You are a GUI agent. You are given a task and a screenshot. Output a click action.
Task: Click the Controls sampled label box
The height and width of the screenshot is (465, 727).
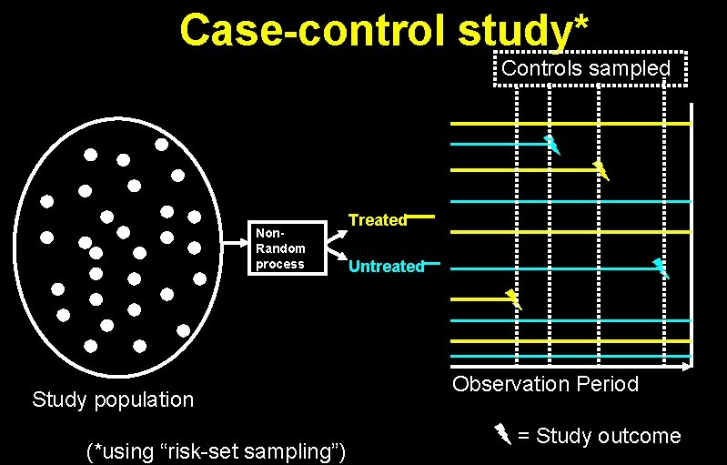pos(587,68)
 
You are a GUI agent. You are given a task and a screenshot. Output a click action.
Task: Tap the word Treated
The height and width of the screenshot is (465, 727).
pos(378,220)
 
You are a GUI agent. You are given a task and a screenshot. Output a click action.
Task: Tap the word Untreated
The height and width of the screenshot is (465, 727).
pos(386,267)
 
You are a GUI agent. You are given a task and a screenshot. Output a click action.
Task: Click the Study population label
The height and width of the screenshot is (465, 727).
pos(113,399)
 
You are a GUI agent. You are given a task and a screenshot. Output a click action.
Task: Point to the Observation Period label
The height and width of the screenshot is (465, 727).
pos(546,384)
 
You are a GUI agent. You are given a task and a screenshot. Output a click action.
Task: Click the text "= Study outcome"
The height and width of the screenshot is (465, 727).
pos(599,436)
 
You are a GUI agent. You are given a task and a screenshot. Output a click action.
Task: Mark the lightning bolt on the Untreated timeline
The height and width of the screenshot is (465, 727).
pos(661,268)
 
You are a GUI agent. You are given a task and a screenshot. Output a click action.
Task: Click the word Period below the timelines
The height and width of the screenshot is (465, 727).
pos(607,384)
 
